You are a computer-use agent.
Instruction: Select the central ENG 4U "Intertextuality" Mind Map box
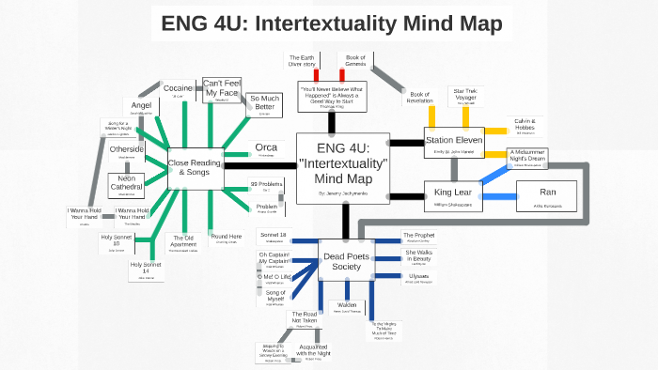[342, 168]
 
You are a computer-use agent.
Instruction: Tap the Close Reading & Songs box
[194, 167]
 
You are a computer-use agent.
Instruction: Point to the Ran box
[547, 195]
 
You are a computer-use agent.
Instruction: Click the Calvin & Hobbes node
[525, 125]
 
